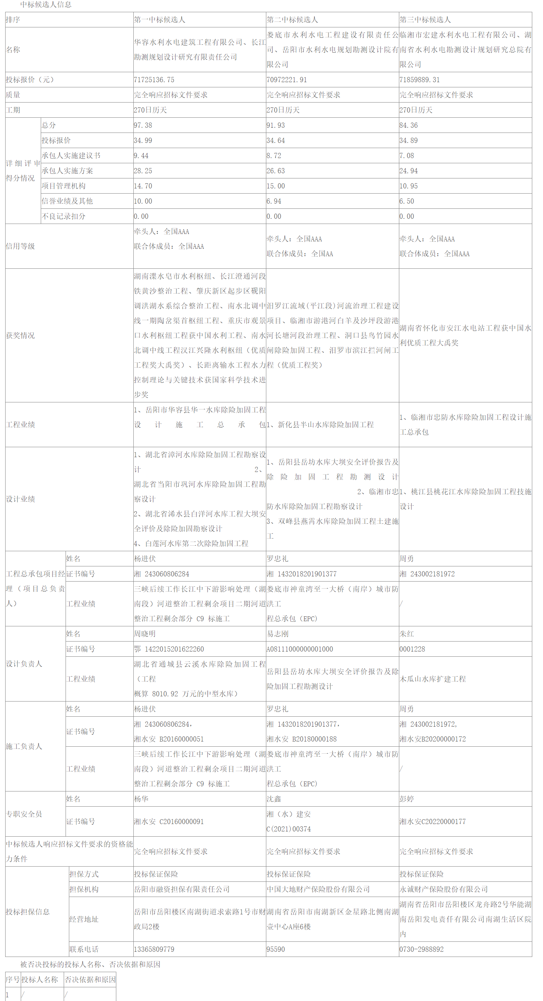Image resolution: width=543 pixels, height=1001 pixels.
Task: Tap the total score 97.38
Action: click(143, 125)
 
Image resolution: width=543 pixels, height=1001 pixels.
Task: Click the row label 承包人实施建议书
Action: click(71, 155)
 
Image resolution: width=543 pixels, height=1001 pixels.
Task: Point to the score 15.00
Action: click(276, 186)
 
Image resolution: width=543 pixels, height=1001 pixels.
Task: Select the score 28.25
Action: click(143, 171)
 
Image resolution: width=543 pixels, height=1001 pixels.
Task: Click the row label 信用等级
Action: click(20, 246)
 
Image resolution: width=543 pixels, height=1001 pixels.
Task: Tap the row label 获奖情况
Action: click(20, 335)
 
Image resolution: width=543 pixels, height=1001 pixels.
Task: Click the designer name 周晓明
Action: click(144, 633)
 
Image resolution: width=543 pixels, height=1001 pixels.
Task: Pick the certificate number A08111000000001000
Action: click(300, 649)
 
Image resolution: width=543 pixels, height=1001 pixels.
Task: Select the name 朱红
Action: click(407, 633)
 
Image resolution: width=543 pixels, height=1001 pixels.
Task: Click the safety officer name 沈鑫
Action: click(274, 799)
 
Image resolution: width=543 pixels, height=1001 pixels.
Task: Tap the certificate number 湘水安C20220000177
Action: click(433, 821)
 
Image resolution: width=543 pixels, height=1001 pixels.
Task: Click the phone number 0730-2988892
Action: click(422, 949)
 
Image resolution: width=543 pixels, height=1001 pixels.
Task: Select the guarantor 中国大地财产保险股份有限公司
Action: click(318, 889)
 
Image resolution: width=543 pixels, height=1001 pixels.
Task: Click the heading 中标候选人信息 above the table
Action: click(46, 5)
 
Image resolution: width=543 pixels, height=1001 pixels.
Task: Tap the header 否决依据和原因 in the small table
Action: click(90, 979)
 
